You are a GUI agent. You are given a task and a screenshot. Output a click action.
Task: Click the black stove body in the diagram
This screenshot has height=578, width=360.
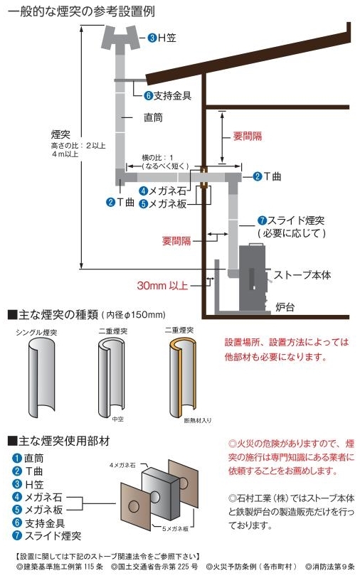[x=253, y=267]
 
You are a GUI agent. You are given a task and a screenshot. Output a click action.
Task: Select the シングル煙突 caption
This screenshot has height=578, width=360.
[x=36, y=331]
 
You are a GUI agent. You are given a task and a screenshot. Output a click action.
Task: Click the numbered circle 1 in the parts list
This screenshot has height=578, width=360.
[x=16, y=459]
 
